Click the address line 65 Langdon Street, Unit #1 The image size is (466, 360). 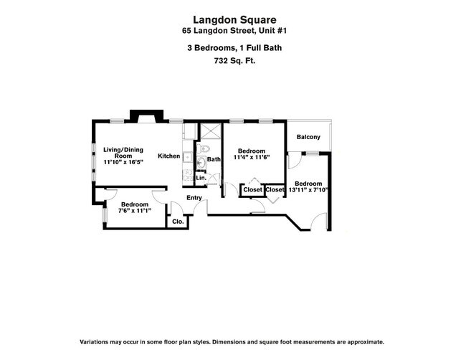pyautogui.click(x=232, y=31)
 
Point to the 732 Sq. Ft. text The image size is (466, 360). pyautogui.click(x=232, y=61)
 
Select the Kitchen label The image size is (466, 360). pyautogui.click(x=169, y=156)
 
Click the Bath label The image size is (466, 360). pyautogui.click(x=214, y=160)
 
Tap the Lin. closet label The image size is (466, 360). pyautogui.click(x=201, y=177)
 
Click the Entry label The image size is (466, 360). pyautogui.click(x=194, y=198)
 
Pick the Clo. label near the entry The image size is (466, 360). pyautogui.click(x=177, y=222)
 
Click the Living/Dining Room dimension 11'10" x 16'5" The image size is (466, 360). pyautogui.click(x=123, y=162)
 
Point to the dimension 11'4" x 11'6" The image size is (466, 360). pyautogui.click(x=252, y=157)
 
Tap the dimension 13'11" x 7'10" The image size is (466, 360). pyautogui.click(x=308, y=190)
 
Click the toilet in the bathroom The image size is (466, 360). pyautogui.click(x=204, y=149)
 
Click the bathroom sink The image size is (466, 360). pyautogui.click(x=201, y=163)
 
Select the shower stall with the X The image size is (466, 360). pyautogui.click(x=210, y=131)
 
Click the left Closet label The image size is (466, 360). pyautogui.click(x=252, y=190)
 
